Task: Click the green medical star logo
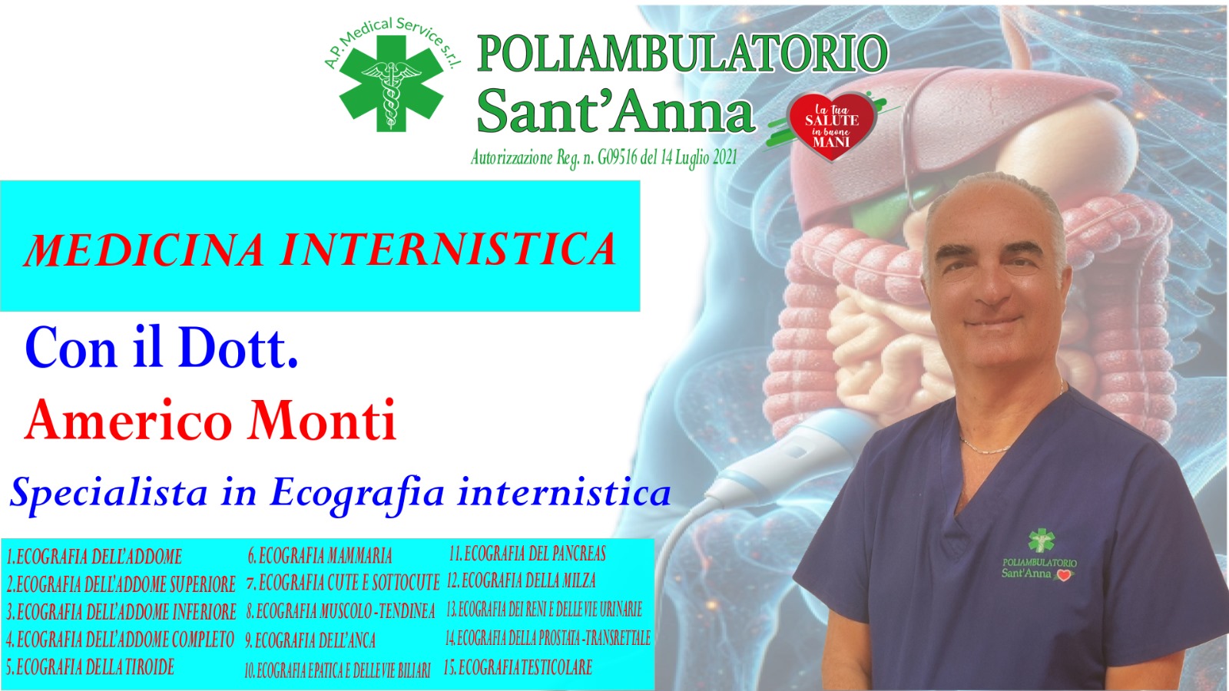[x=391, y=83]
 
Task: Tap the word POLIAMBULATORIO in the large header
[x=682, y=54]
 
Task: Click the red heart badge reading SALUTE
[x=831, y=127]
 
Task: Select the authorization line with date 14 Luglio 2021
[x=604, y=158]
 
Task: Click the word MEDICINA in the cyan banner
[x=144, y=250]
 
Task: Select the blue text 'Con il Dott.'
[x=161, y=348]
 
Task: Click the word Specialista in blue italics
[x=108, y=493]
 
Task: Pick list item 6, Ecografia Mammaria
[x=320, y=556]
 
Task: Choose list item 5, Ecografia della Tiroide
[x=91, y=667]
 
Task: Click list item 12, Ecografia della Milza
[x=522, y=580]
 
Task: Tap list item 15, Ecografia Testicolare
[x=518, y=667]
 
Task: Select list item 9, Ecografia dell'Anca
[x=310, y=640]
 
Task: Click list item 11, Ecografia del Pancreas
[x=527, y=554]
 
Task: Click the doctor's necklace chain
[x=988, y=447]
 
